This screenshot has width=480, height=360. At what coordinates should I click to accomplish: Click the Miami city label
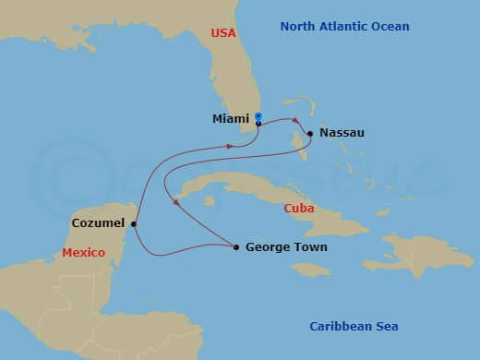click(x=231, y=119)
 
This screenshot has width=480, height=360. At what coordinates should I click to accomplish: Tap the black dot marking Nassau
click(x=310, y=133)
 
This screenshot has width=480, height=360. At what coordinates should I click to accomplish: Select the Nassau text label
click(x=342, y=133)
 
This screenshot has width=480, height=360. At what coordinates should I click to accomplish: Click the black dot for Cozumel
click(x=134, y=223)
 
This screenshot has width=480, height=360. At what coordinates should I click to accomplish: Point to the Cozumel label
click(x=98, y=222)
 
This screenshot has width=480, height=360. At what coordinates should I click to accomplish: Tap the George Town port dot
click(x=237, y=246)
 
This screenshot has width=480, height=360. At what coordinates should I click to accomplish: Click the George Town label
click(x=286, y=247)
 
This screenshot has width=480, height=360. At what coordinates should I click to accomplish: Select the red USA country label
click(x=223, y=33)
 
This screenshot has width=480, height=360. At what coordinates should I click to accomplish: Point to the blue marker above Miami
click(x=258, y=116)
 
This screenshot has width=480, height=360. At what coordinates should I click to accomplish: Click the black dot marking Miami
click(x=258, y=123)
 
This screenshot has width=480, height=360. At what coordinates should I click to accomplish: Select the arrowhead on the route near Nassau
click(x=296, y=121)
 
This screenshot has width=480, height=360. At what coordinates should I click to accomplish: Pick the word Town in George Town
click(x=309, y=247)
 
